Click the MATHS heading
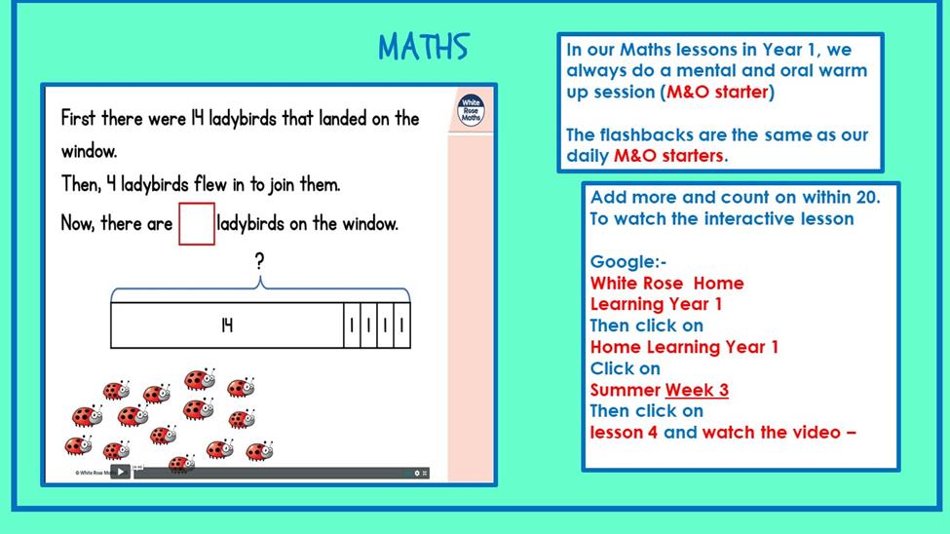click(x=424, y=48)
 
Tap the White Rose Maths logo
click(x=471, y=110)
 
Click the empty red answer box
click(x=197, y=224)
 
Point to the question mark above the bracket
click(x=259, y=261)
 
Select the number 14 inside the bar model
click(x=227, y=325)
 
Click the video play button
click(x=121, y=472)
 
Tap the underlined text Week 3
click(x=697, y=390)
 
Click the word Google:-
click(x=628, y=262)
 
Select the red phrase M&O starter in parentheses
click(x=717, y=92)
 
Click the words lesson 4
click(x=624, y=433)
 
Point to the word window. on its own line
click(x=89, y=151)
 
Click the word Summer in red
click(x=626, y=390)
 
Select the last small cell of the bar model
click(x=401, y=325)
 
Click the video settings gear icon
click(x=417, y=473)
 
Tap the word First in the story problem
click(x=78, y=118)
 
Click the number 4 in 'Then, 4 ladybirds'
click(x=111, y=183)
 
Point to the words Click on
click(x=626, y=368)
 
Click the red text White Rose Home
click(x=667, y=283)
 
